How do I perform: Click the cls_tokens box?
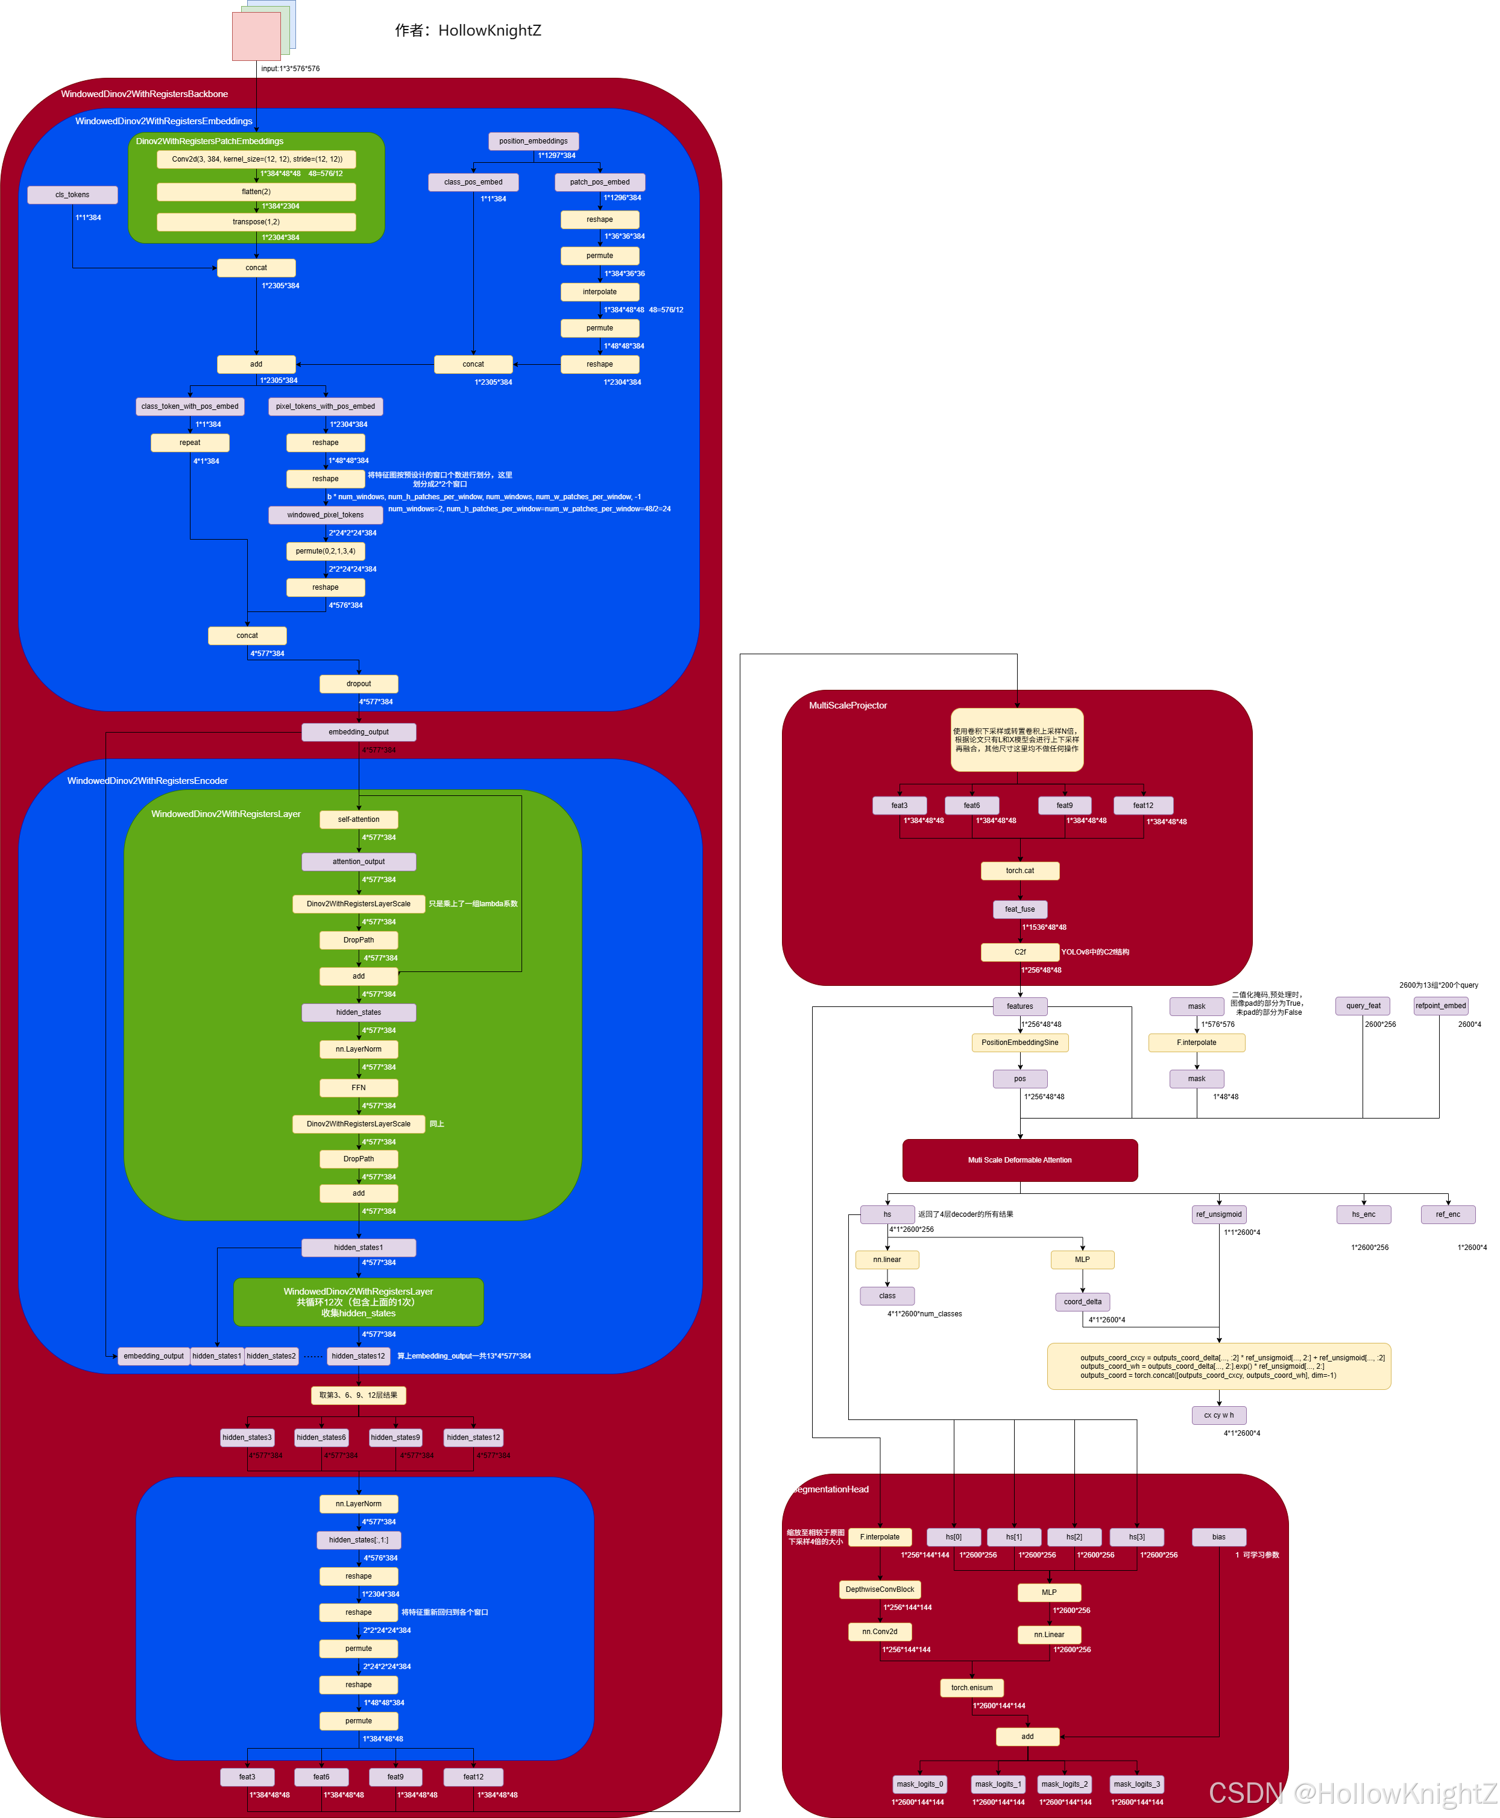(72, 194)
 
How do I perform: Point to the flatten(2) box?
(256, 192)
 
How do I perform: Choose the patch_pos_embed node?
(600, 182)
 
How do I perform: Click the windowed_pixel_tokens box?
(325, 515)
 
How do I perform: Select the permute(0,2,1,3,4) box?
(325, 551)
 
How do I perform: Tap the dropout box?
(359, 683)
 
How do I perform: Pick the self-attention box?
(359, 819)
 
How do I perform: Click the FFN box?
(359, 1088)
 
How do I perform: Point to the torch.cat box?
(1019, 871)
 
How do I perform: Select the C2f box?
(1019, 952)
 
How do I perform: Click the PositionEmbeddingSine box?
(1019, 1043)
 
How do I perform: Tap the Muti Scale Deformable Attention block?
(1019, 1160)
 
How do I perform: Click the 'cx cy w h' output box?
(1218, 1415)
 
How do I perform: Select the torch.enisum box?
(972, 1688)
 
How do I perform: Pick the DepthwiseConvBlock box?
(880, 1589)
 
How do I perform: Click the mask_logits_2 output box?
(1065, 1784)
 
